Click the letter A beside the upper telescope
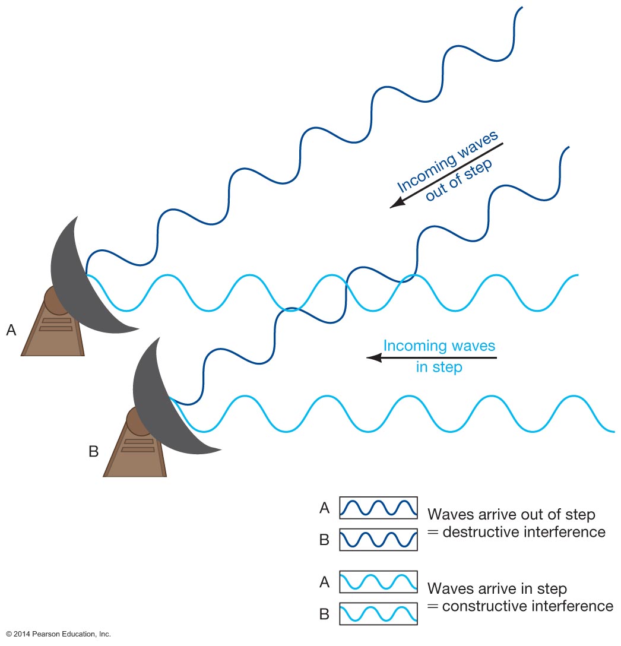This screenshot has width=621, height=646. coord(11,330)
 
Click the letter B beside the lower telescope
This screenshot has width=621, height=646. coord(93,451)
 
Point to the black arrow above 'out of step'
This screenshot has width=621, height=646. coord(446,176)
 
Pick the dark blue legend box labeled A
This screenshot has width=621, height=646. coord(378,508)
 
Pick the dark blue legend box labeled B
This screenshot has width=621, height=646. coord(378,540)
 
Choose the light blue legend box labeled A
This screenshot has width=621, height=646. coord(378,582)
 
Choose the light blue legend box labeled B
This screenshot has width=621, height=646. coord(378,613)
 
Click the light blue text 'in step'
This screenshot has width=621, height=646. coord(439,368)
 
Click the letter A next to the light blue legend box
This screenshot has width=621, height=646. coord(324,582)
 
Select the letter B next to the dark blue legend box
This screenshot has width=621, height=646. coord(324,540)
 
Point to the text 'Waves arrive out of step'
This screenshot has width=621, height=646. coord(511,514)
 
